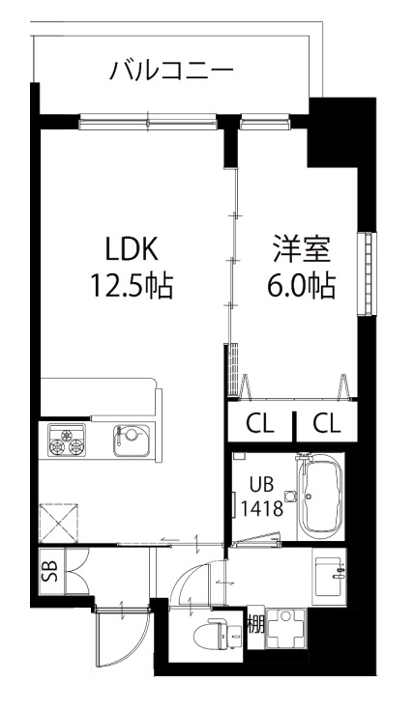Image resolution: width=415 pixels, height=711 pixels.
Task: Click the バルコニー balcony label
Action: [171, 71]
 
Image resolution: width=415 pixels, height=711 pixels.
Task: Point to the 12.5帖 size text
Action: [132, 287]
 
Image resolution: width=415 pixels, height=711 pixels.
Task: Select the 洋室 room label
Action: [300, 248]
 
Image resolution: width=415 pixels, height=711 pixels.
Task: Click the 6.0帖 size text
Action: [300, 287]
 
